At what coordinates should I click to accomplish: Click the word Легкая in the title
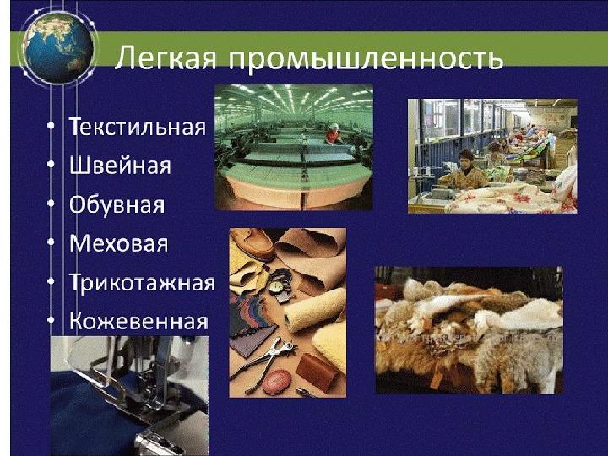coord(166,57)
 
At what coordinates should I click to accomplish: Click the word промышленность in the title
coord(365,59)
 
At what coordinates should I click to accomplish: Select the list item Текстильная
coord(138,127)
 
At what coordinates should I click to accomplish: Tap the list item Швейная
coord(120,166)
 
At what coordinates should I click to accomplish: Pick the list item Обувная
coord(117,204)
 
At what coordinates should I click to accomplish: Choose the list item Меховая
coord(119,243)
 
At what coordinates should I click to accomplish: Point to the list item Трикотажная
coord(142,282)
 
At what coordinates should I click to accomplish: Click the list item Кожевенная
coord(138,321)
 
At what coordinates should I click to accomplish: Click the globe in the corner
coord(58,47)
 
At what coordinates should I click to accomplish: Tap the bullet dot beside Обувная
coord(51,204)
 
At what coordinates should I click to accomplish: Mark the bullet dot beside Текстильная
coord(51,126)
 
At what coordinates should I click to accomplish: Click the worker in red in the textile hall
coord(333,134)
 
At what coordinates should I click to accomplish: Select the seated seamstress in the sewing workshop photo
coord(467,171)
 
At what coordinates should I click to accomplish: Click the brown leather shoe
coord(254,243)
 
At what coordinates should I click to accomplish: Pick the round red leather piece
coord(276,381)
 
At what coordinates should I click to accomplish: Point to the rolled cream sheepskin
coord(315,310)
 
